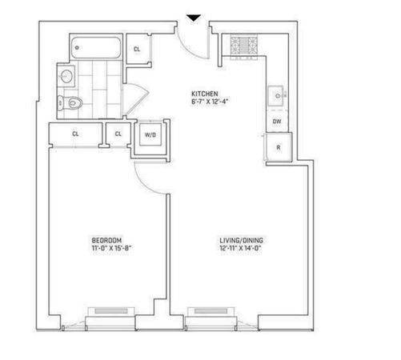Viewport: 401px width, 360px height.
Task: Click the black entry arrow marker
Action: coord(194,18)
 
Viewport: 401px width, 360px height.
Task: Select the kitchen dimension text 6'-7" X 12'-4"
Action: coord(211,102)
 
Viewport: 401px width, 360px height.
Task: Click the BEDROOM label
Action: coord(106,240)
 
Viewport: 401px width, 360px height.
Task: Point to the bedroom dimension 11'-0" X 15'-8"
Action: coord(112,248)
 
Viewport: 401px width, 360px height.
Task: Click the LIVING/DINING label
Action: coord(242,240)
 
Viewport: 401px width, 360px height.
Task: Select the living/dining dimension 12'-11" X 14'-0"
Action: coord(240,248)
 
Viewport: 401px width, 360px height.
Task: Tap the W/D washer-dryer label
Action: coord(150,135)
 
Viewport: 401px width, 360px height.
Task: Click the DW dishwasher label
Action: coord(277,122)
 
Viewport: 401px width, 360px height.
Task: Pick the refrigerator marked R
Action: coord(279,147)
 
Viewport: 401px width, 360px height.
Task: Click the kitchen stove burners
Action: coord(244,44)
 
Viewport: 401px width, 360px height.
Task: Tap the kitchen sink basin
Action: coord(275,95)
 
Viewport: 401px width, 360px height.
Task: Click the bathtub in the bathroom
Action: coord(96,47)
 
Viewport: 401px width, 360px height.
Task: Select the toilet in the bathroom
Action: coord(70,102)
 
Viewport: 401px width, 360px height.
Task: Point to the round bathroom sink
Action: coord(66,76)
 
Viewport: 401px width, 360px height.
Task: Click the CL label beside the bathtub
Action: coord(137,49)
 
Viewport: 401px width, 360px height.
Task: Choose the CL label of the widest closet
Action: coord(75,134)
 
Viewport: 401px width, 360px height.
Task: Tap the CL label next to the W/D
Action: coord(118,134)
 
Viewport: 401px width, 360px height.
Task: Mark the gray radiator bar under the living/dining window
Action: coord(211,311)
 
